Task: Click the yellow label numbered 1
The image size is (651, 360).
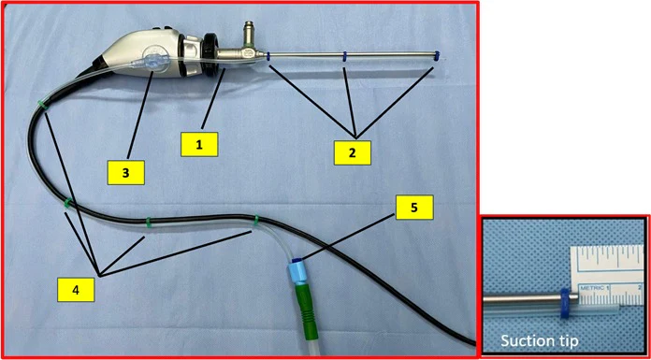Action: pyautogui.click(x=199, y=145)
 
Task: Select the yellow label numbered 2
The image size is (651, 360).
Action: pyautogui.click(x=352, y=152)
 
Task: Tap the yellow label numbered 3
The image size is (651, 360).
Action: pyautogui.click(x=125, y=173)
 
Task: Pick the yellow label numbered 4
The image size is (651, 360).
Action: pyautogui.click(x=76, y=290)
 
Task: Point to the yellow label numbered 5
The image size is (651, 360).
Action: pyautogui.click(x=414, y=208)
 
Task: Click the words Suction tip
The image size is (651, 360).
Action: pyautogui.click(x=540, y=341)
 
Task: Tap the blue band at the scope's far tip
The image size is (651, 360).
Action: pyautogui.click(x=436, y=56)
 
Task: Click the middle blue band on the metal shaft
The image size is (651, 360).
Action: pyautogui.click(x=344, y=57)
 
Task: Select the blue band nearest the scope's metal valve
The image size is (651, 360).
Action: pyautogui.click(x=269, y=57)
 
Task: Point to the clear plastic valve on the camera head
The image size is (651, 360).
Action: pyautogui.click(x=152, y=63)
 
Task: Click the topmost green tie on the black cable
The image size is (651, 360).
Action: pyautogui.click(x=42, y=106)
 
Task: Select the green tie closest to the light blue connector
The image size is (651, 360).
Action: pyautogui.click(x=257, y=221)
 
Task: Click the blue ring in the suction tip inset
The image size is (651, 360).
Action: pyautogui.click(x=565, y=304)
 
